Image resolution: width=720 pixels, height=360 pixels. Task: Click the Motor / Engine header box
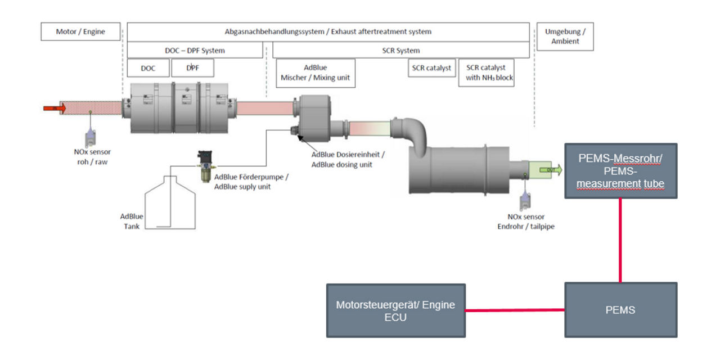pyautogui.click(x=80, y=31)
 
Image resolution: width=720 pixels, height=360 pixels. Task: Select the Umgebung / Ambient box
pyautogui.click(x=565, y=37)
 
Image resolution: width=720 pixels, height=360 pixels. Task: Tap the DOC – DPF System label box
pyautogui.click(x=195, y=50)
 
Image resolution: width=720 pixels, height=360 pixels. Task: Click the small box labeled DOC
pyautogui.click(x=148, y=68)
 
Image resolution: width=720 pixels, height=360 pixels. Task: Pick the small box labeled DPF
pyautogui.click(x=192, y=68)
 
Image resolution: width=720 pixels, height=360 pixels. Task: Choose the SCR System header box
pyautogui.click(x=400, y=50)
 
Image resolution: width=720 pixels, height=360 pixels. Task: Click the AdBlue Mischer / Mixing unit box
pyautogui.click(x=315, y=73)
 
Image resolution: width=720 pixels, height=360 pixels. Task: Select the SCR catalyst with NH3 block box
pyautogui.click(x=487, y=73)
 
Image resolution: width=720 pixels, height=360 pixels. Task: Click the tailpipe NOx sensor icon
pyautogui.click(x=525, y=197)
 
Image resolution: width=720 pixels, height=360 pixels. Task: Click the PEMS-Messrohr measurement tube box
pyautogui.click(x=620, y=170)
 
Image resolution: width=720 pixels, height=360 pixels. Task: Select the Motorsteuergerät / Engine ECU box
pyautogui.click(x=396, y=310)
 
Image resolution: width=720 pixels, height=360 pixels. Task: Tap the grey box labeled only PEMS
pyautogui.click(x=620, y=310)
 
